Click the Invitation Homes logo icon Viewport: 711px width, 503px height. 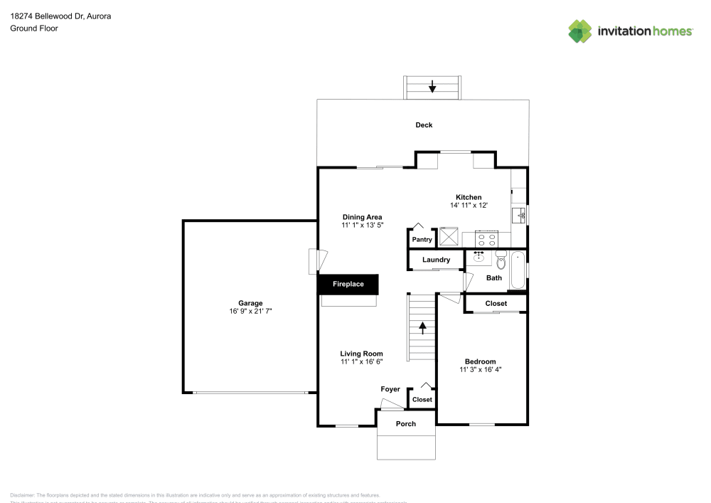coord(579,31)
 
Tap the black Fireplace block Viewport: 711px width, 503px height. coord(348,285)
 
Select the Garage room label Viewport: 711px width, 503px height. coord(250,303)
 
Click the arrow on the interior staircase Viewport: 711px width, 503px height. coord(423,327)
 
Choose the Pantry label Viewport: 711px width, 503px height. coord(422,240)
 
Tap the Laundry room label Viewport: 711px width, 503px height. coord(436,260)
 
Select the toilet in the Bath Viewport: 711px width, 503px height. coord(501,260)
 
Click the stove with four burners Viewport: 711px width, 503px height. coord(487,238)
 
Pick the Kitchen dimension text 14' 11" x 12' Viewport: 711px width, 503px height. coord(469,206)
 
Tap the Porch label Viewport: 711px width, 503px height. coord(406,424)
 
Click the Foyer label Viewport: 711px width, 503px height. coord(390,389)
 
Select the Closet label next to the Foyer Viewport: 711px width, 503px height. coord(422,400)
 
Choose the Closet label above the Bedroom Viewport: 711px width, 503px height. coord(496,304)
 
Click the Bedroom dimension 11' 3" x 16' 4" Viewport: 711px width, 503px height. coord(481,370)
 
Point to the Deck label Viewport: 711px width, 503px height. coord(424,125)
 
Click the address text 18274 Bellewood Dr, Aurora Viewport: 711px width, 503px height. coord(50,16)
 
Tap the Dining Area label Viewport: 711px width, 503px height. coord(363,217)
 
